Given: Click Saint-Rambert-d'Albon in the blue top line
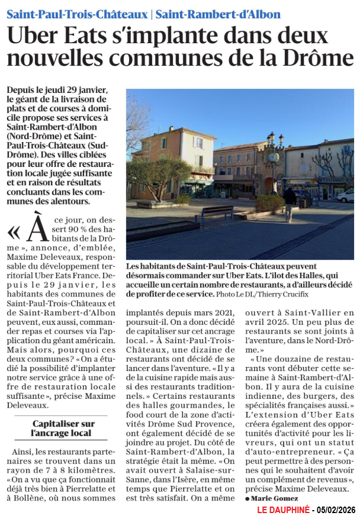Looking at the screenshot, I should (218, 14).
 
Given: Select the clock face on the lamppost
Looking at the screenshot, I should (273, 157).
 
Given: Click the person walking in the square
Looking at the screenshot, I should (289, 202).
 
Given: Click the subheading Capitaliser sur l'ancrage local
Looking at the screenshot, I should (63, 428).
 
